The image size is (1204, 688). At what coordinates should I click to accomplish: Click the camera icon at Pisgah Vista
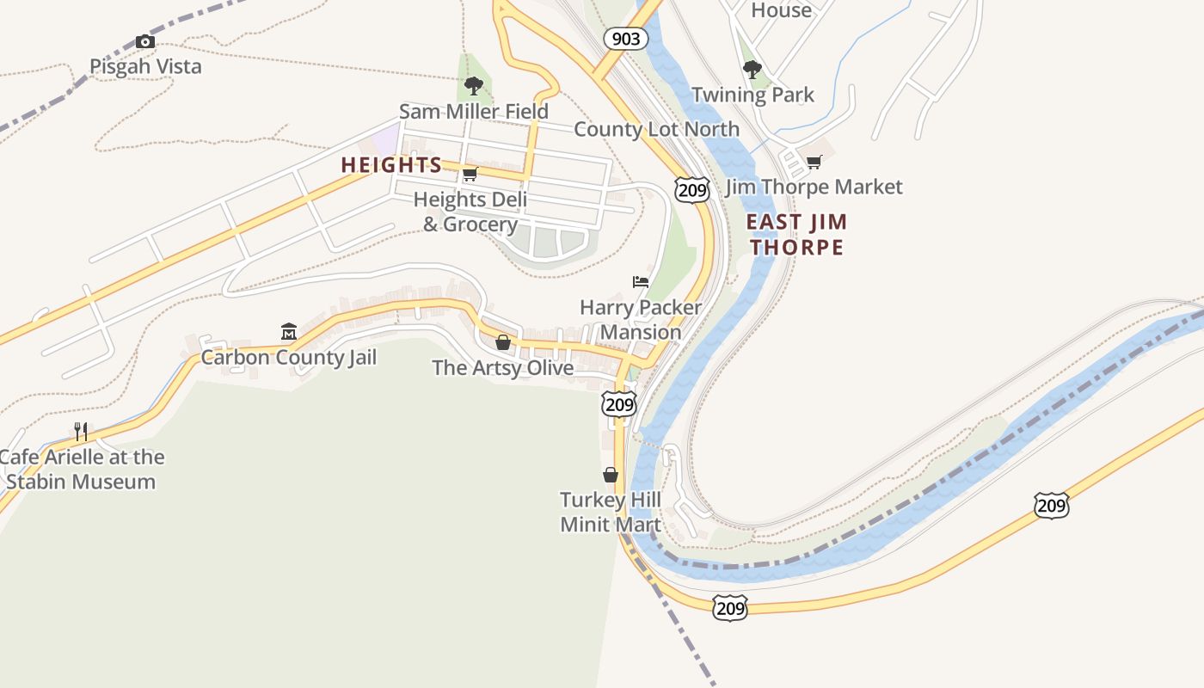coord(145,41)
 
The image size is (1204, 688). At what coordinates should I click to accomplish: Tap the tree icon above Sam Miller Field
coord(473,85)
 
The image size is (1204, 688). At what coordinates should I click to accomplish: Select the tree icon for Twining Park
coord(752,69)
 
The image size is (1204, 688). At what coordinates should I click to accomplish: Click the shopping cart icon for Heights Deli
coord(470,175)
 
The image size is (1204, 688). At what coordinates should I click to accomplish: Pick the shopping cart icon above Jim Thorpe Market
coord(814,162)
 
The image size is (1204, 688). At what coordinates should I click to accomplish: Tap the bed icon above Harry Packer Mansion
coord(641,282)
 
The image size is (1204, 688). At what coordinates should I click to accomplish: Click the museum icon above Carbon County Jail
coord(289,331)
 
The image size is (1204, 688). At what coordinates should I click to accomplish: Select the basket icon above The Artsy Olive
coord(503,342)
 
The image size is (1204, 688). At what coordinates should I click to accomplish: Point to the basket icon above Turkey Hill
coord(611,475)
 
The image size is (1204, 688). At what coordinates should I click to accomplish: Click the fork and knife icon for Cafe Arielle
coord(81,431)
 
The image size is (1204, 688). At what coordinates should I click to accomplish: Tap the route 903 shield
coord(625,38)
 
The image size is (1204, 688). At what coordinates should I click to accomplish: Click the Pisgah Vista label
coord(145,66)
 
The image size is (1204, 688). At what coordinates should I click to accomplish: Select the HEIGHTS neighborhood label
coord(391,165)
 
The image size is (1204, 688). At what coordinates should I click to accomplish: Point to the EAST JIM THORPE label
coord(796,234)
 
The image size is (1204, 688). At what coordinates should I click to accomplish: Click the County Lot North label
coord(656,129)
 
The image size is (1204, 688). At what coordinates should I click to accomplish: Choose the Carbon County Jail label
coord(289,357)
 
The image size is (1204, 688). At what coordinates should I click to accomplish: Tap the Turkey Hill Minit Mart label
coord(611,512)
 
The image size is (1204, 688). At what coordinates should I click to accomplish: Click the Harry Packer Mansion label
coord(641,319)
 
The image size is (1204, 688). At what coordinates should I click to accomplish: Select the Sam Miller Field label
coord(473,112)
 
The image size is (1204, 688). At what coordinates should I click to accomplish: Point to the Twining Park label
coord(752,95)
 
